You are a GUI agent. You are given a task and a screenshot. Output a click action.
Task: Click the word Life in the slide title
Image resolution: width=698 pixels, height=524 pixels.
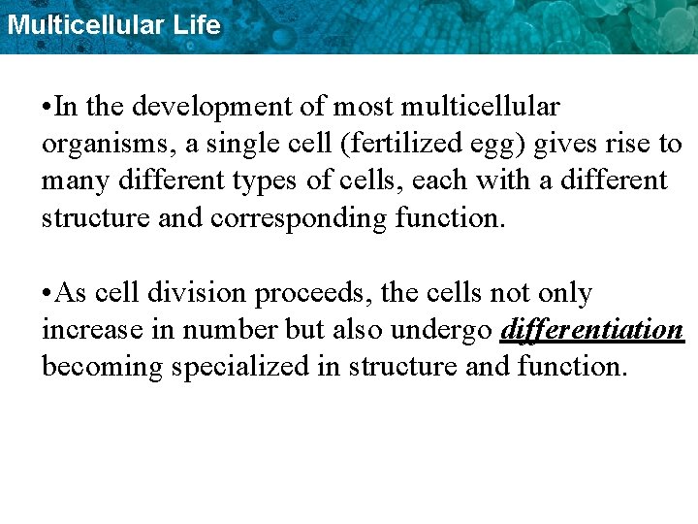click(x=197, y=24)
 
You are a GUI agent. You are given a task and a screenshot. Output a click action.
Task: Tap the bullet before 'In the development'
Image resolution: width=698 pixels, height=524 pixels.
click(x=47, y=106)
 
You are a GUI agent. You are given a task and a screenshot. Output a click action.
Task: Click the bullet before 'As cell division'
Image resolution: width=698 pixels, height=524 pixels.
click(x=47, y=293)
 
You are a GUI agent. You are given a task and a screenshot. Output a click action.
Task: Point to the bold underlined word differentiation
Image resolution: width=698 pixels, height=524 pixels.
click(x=592, y=330)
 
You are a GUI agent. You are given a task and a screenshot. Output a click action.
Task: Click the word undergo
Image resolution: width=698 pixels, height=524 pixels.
click(x=441, y=331)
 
